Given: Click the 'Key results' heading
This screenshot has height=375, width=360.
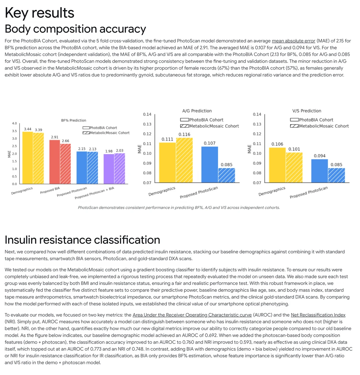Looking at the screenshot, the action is coord(39,13).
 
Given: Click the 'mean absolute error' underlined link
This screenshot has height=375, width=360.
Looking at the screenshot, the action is coord(293,41).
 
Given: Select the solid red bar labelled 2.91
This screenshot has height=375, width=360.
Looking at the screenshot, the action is coord(55,162).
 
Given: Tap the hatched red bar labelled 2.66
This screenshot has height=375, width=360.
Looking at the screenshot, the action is coord(65,164).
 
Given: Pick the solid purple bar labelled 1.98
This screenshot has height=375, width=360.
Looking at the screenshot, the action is coord(109,169).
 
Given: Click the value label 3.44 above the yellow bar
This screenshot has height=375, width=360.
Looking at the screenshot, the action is coord(28,129).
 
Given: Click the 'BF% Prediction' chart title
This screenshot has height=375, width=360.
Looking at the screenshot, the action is coord(73,120).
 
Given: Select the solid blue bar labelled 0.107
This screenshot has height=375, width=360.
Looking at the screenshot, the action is coord(210,165).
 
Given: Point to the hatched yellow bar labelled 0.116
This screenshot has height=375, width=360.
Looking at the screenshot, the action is coord(184,160).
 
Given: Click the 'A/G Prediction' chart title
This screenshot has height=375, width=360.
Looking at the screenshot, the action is coord(197,111).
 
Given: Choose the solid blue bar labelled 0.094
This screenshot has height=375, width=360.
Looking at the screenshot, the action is coord(320,171).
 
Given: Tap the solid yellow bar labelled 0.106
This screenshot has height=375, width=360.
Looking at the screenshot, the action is coord(277,165).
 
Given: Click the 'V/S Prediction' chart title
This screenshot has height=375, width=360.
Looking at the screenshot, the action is coord(307,111).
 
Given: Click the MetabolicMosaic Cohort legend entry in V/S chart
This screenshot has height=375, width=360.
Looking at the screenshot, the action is coord(319,126).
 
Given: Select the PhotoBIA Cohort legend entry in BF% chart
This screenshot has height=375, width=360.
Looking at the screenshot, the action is coord(100,128).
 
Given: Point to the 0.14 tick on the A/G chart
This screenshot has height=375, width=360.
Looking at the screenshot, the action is coord(147,114).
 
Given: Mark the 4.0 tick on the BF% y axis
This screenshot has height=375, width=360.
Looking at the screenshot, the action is coord(15,124).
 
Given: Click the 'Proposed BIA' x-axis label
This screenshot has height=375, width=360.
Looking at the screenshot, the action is coord(50,190).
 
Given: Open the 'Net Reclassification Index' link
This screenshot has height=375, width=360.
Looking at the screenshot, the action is coord(318,315).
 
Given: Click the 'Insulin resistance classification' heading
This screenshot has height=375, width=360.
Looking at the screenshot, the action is coord(82,240).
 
